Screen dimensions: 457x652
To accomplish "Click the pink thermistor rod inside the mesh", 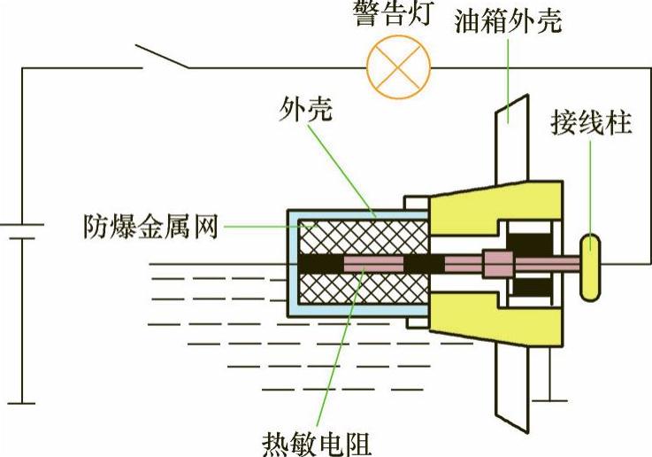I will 372,264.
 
